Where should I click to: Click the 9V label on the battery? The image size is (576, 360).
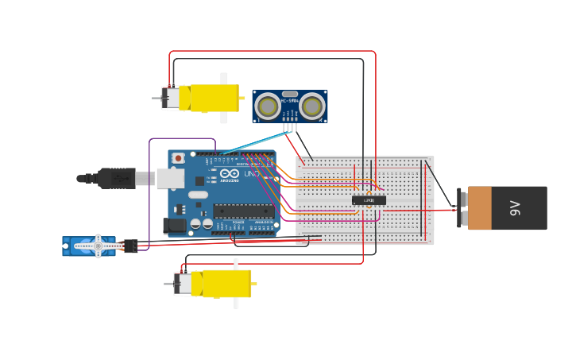click(x=515, y=208)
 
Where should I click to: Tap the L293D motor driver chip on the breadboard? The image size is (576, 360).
click(x=369, y=200)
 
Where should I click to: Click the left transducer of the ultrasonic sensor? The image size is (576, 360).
click(x=269, y=106)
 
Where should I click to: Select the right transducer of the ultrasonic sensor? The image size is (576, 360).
click(x=312, y=106)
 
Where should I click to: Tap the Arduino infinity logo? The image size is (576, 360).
click(x=230, y=173)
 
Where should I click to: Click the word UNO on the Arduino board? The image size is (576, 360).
click(x=252, y=173)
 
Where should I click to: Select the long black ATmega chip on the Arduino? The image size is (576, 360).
click(x=242, y=211)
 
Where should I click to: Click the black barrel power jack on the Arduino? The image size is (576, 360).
click(x=175, y=226)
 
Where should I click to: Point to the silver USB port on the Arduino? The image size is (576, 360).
click(x=170, y=178)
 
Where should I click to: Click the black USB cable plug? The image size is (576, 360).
click(x=117, y=179)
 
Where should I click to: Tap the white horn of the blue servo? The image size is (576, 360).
click(x=98, y=246)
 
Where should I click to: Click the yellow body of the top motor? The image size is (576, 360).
click(x=209, y=98)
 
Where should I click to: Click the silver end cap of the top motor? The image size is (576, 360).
click(x=170, y=98)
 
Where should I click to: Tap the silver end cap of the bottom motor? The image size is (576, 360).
click(x=183, y=284)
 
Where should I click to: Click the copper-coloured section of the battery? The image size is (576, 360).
click(x=481, y=208)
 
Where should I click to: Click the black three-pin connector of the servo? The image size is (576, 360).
click(x=130, y=246)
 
